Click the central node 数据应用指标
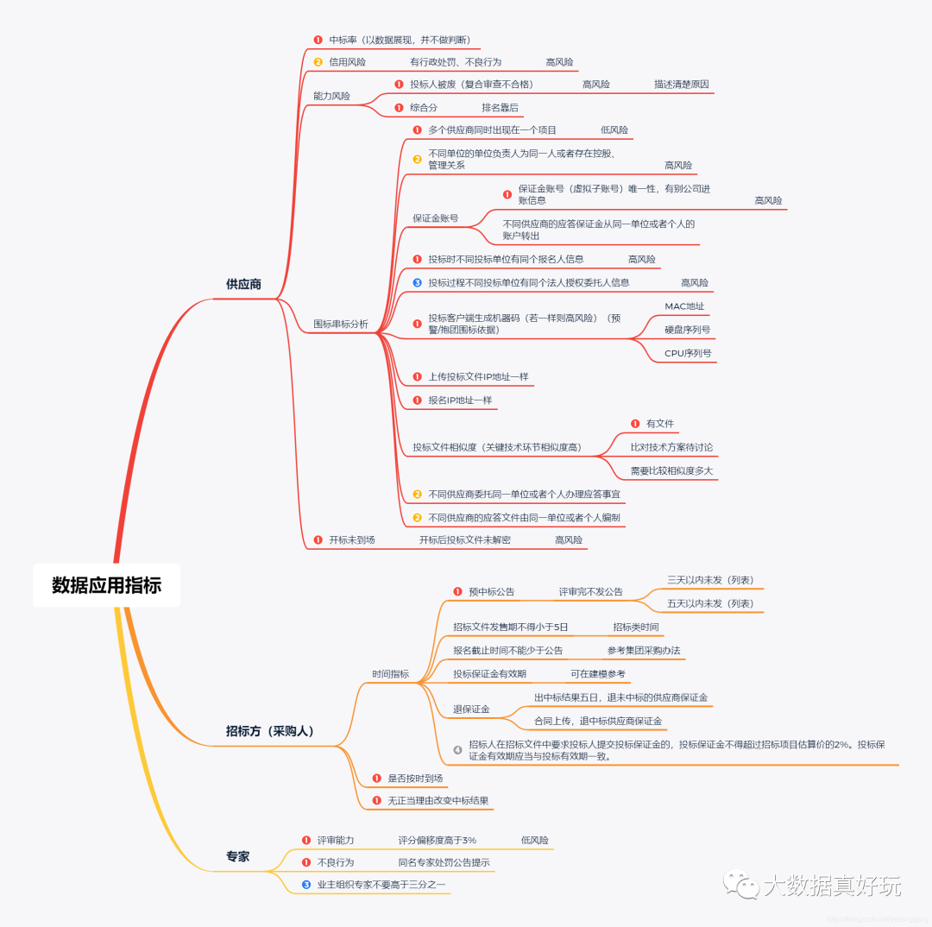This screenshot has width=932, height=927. (x=106, y=585)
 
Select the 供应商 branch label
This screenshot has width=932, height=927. (x=243, y=284)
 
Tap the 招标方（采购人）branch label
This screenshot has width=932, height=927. (x=270, y=731)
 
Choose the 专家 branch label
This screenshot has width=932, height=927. (x=237, y=856)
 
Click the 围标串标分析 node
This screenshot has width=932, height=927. (x=340, y=325)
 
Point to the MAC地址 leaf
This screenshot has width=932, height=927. (x=684, y=306)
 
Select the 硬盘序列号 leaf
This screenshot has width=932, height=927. (x=688, y=330)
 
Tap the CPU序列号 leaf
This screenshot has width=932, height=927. (x=688, y=353)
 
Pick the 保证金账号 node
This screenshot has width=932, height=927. (x=435, y=218)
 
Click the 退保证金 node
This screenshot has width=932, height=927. (x=471, y=709)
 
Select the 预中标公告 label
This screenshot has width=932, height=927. (x=492, y=592)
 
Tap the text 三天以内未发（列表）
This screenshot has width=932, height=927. (x=710, y=580)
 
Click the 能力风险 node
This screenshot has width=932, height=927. (x=331, y=96)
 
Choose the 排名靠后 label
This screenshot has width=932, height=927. (x=500, y=108)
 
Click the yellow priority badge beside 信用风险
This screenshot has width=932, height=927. (x=318, y=62)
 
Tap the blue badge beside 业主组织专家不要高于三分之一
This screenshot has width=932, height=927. (x=305, y=885)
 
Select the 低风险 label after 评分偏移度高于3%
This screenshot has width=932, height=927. (x=535, y=840)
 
